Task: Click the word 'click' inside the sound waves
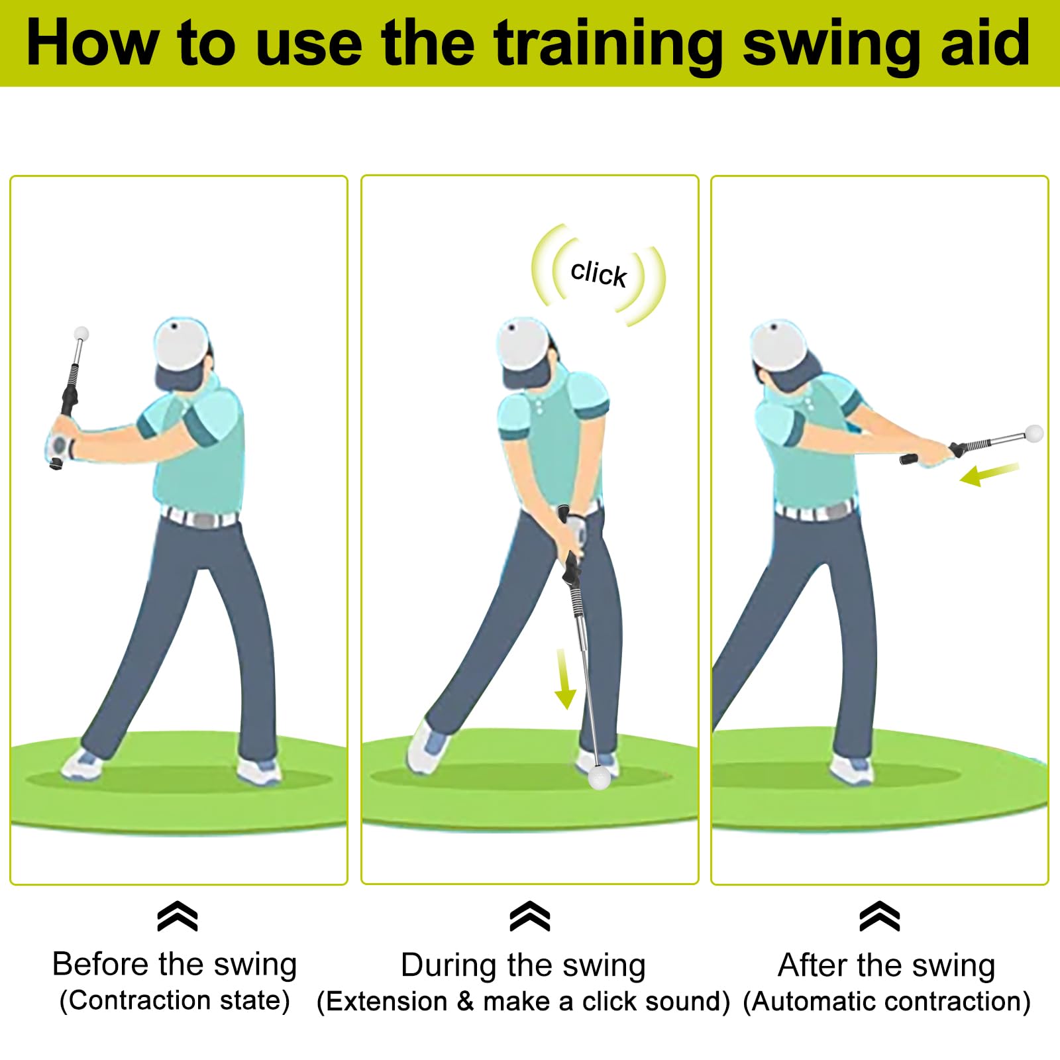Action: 598,273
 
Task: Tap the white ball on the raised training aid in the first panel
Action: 81,333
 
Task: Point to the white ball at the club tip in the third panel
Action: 1033,433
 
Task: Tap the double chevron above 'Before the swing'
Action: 178,916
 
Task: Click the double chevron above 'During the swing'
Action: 530,916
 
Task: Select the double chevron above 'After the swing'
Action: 879,916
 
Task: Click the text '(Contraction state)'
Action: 175,1000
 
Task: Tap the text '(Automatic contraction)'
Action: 886,1001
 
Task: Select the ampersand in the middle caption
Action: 465,1001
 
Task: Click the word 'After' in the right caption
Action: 812,965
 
